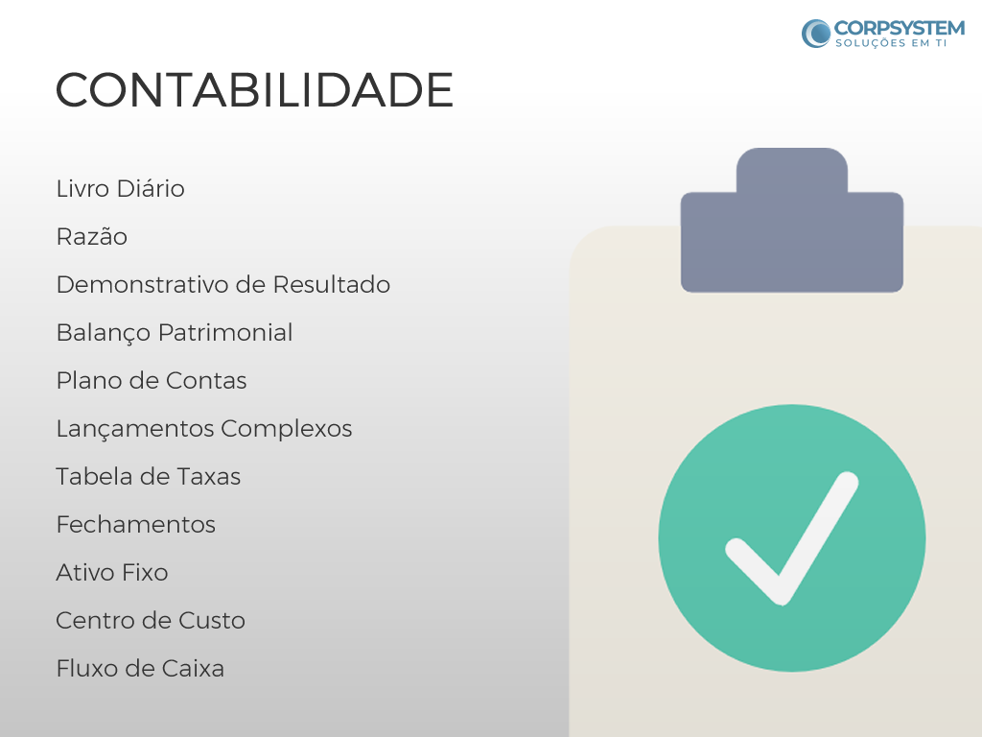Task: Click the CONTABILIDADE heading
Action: point(254,89)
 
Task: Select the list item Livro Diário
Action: point(120,189)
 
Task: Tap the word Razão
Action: point(91,237)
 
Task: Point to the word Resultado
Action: point(331,284)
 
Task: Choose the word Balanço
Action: point(104,333)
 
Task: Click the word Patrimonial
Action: point(225,333)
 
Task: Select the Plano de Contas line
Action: point(152,380)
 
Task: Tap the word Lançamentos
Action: point(134,430)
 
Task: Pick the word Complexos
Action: point(286,430)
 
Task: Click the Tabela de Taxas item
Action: point(149,477)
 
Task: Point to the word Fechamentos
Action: point(136,525)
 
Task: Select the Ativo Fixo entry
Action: point(112,573)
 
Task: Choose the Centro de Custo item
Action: point(151,621)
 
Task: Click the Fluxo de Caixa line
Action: point(140,669)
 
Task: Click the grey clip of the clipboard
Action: point(791,220)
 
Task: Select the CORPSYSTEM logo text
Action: point(900,28)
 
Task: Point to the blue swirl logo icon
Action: point(816,34)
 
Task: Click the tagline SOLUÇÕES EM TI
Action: point(891,43)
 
